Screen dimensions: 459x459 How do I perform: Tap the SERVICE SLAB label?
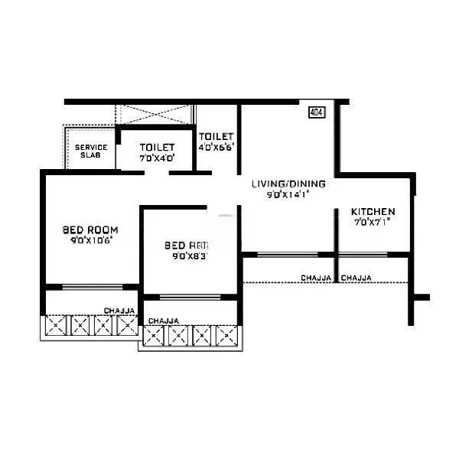tap(90, 151)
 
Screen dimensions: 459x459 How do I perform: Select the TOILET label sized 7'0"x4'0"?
tap(157, 147)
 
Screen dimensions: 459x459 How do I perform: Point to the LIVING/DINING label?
tap(288, 184)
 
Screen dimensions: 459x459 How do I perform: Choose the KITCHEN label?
tap(373, 212)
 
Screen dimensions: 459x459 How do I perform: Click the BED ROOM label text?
tap(90, 229)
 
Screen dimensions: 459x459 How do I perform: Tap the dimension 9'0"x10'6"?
tap(90, 239)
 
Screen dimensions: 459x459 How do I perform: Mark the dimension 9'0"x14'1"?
tap(288, 195)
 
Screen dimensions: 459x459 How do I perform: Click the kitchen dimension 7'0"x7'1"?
tap(373, 223)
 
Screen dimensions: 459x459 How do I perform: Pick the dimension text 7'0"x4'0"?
tap(157, 158)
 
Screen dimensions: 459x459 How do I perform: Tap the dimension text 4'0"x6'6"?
tap(216, 147)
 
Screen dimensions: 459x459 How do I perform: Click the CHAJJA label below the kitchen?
tap(356, 278)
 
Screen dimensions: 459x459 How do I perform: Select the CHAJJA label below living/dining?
tap(316, 278)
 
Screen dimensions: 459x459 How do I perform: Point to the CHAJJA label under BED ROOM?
tap(119, 311)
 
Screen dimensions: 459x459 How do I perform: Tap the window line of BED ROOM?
tap(92, 288)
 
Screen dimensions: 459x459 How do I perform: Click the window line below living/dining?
tap(287, 254)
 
